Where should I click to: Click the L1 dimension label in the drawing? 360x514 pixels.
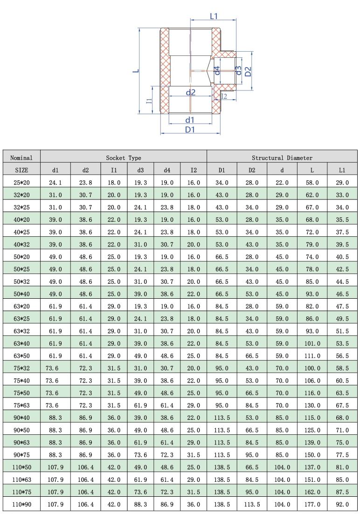(x=214, y=16)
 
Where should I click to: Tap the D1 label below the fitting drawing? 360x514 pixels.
(x=190, y=130)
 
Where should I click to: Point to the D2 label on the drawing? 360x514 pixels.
(x=249, y=71)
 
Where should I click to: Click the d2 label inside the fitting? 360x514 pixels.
(x=190, y=92)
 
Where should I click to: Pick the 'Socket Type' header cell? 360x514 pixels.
(x=124, y=158)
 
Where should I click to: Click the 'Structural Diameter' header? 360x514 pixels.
(x=282, y=158)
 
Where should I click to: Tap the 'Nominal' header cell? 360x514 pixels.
(x=21, y=158)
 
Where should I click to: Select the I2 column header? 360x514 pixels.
(x=194, y=170)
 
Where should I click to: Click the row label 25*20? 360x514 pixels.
(x=21, y=183)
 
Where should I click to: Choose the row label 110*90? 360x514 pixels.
(x=21, y=504)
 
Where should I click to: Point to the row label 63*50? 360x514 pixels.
(x=21, y=356)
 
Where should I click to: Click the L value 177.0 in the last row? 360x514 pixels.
(x=312, y=504)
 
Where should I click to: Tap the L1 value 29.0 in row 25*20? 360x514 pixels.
(x=342, y=183)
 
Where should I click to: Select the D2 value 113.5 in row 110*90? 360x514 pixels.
(x=252, y=504)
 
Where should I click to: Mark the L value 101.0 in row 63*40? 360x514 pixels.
(x=312, y=343)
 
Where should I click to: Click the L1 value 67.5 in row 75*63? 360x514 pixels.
(x=342, y=405)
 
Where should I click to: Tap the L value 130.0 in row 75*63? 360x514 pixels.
(x=312, y=405)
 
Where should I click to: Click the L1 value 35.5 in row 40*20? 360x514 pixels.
(x=342, y=219)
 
